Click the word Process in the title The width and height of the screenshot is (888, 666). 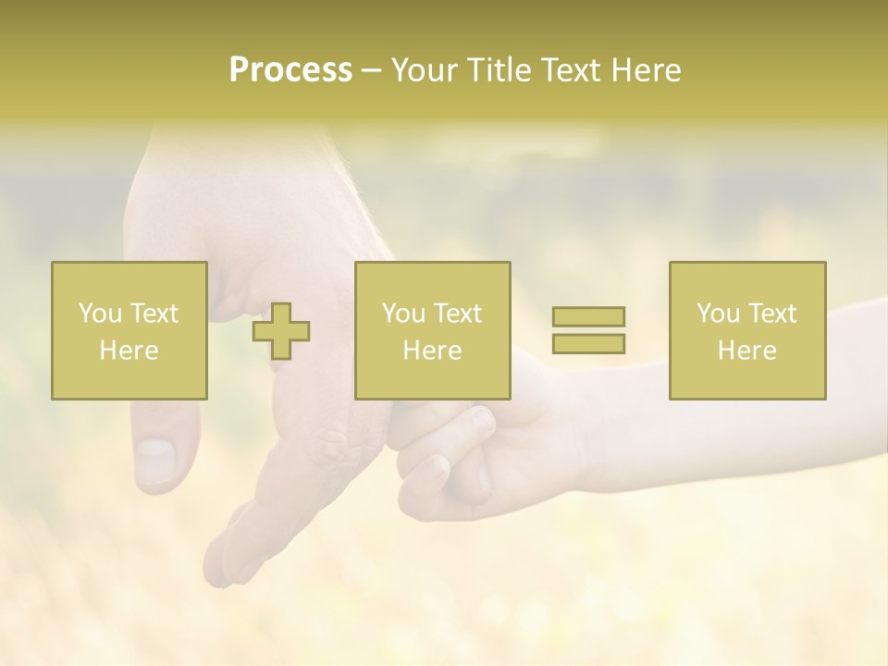(290, 70)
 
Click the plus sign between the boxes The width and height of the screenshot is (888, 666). (281, 331)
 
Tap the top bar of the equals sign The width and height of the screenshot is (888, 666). (588, 316)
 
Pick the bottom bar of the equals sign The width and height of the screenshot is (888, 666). (588, 343)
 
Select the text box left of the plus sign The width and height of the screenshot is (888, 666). (129, 330)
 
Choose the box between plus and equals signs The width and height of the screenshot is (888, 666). (433, 330)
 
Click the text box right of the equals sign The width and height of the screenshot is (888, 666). (747, 330)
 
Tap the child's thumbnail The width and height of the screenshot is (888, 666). (481, 421)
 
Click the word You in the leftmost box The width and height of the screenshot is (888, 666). (100, 314)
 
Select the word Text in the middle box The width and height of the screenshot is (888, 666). (457, 314)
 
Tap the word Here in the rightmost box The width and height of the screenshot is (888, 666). (747, 351)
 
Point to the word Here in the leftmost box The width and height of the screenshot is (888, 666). (129, 351)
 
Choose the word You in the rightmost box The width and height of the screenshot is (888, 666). (718, 314)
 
